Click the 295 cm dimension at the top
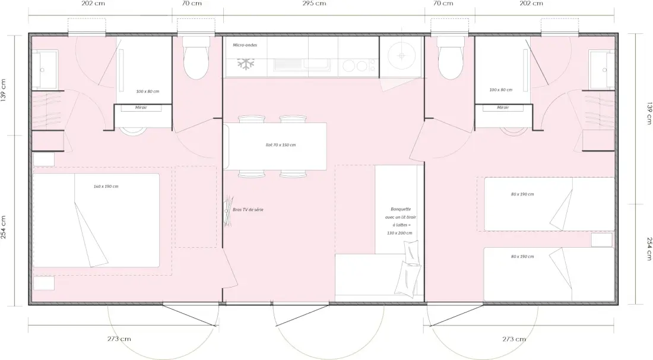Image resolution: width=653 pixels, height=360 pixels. point(314,4)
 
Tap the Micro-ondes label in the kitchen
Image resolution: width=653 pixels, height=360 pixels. point(245,45)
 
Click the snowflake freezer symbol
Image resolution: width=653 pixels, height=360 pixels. point(246,64)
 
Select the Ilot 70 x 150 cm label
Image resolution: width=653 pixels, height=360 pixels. point(281,145)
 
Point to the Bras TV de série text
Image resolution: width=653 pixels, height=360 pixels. point(248,210)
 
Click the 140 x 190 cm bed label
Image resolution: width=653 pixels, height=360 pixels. point(106,187)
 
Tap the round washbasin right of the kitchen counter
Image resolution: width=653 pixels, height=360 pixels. point(401,55)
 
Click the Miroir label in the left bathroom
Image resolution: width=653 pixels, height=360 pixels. point(141,108)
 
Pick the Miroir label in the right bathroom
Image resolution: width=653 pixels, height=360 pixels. point(503,108)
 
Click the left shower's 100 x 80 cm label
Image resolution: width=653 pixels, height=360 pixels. point(147,91)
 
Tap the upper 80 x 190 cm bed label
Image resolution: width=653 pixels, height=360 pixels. point(522,194)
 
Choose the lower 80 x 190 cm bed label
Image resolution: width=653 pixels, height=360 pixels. point(522,257)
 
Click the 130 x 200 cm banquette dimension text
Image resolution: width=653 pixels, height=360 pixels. point(400,233)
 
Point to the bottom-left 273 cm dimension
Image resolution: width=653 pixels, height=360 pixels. point(119,339)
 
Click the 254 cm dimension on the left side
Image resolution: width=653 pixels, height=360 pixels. point(4,227)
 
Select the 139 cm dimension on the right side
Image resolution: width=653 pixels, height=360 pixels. point(649,113)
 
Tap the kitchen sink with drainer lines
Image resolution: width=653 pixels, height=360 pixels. point(302,64)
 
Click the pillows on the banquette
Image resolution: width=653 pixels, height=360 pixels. point(410,267)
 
